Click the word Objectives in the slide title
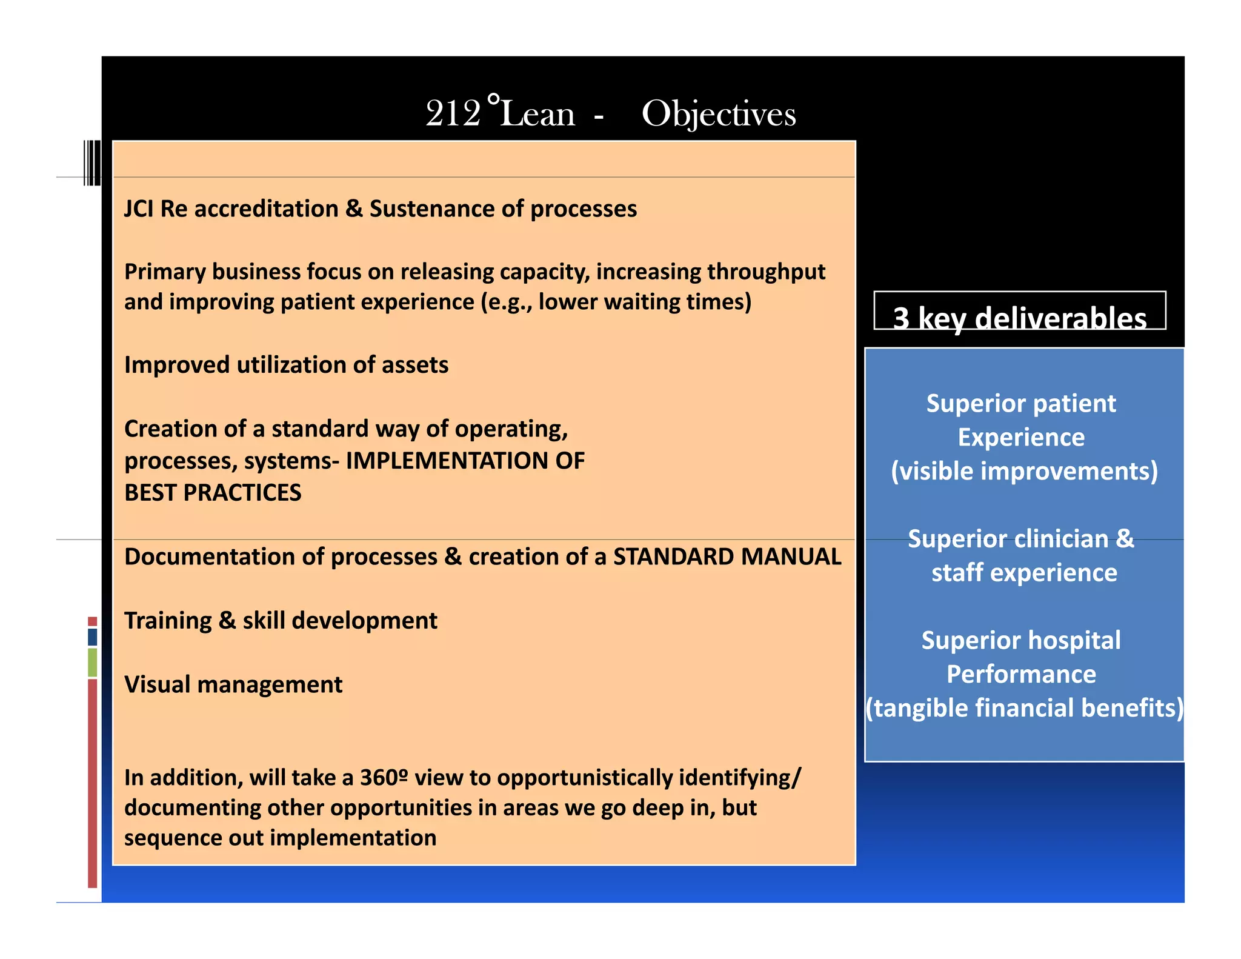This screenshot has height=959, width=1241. pyautogui.click(x=718, y=114)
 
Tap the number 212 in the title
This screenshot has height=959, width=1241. pyautogui.click(x=453, y=114)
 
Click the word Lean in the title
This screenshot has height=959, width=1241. pyautogui.click(x=537, y=114)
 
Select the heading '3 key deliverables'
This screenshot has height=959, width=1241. pyautogui.click(x=1019, y=317)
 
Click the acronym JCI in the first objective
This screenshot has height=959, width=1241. pyautogui.click(x=139, y=209)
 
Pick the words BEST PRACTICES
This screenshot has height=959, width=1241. pyautogui.click(x=213, y=493)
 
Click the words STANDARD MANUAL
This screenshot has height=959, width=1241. pyautogui.click(x=727, y=556)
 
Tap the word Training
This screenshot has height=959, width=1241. pyautogui.click(x=168, y=621)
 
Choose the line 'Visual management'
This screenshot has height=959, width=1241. pyautogui.click(x=233, y=684)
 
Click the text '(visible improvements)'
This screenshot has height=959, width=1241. pyautogui.click(x=1024, y=471)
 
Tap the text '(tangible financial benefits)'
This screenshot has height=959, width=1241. pyautogui.click(x=1024, y=708)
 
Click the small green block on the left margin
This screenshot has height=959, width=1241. pyautogui.click(x=92, y=662)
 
